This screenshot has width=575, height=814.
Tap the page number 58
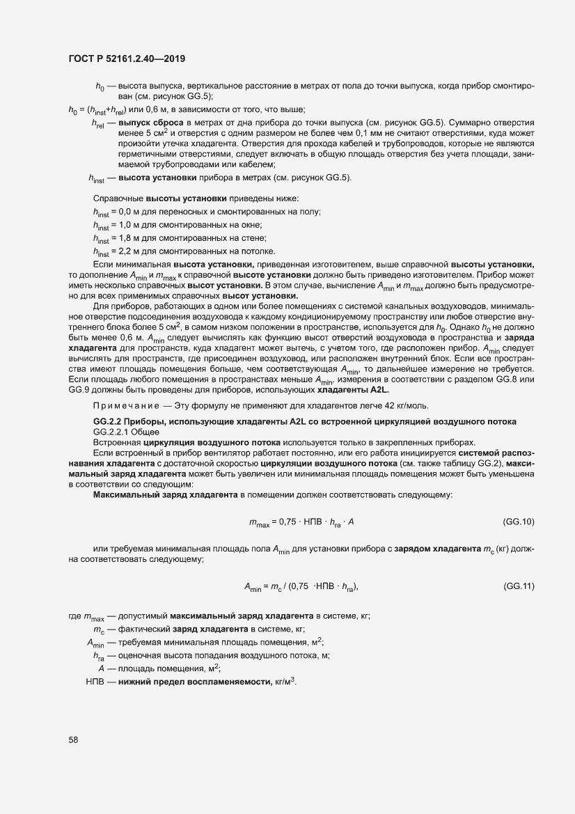[x=73, y=739]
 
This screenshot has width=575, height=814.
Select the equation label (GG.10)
[x=518, y=522]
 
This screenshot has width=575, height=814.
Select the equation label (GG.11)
[x=518, y=586]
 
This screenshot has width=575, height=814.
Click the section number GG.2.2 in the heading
[x=109, y=423]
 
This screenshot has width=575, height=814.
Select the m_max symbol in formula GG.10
[x=260, y=522]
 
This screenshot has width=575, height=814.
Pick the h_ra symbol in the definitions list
[x=98, y=655]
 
